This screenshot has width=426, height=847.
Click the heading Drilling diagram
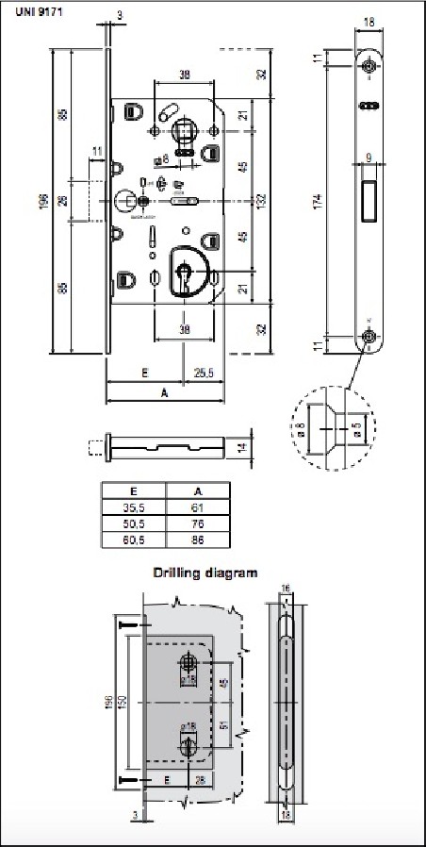pyautogui.click(x=205, y=573)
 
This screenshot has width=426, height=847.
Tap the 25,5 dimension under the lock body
pyautogui.click(x=203, y=374)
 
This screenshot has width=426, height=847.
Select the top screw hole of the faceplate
pyautogui.click(x=369, y=66)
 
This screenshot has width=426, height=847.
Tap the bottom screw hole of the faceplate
pyautogui.click(x=369, y=337)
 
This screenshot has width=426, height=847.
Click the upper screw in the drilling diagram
pyautogui.click(x=130, y=623)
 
